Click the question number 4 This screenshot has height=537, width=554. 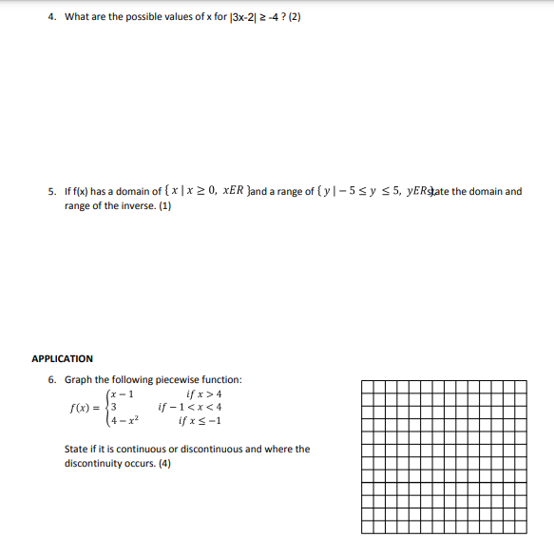click(51, 17)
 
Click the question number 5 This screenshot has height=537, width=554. click(51, 191)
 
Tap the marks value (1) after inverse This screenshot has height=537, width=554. click(164, 205)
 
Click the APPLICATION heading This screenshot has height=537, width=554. click(62, 358)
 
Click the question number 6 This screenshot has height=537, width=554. click(51, 379)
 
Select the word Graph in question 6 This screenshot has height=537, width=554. click(79, 379)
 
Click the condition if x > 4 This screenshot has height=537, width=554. click(204, 394)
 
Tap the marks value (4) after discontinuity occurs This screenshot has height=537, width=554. click(164, 464)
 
